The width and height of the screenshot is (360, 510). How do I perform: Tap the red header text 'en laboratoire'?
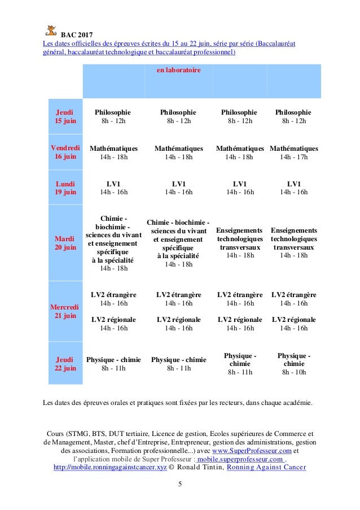(x=178, y=71)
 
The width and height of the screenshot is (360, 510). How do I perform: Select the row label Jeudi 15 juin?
(x=65, y=116)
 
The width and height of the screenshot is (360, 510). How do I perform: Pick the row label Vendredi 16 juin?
(x=65, y=152)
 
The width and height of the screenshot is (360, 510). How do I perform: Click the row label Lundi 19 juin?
(x=65, y=188)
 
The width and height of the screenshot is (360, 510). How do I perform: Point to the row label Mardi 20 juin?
(x=65, y=243)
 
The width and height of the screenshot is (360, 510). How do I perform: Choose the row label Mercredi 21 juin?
(x=65, y=311)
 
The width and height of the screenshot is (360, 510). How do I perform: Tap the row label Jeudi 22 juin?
(x=65, y=363)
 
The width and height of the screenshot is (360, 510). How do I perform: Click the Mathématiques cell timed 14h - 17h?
(x=293, y=152)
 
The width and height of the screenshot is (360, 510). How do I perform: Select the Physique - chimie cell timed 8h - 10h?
(x=293, y=364)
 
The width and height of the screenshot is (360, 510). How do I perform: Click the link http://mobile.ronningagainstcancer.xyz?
(x=110, y=468)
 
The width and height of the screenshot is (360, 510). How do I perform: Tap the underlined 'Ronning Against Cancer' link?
(x=266, y=468)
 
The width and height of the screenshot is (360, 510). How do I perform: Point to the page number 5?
(x=180, y=484)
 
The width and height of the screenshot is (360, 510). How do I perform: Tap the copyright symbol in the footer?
(x=172, y=468)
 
